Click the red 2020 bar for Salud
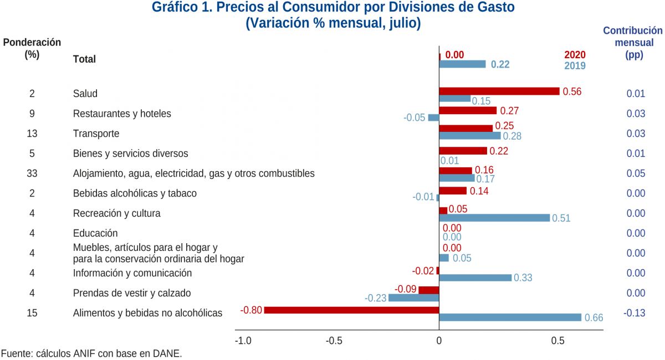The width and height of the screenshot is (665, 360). [499, 91]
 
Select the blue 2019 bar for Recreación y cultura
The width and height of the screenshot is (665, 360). [494, 218]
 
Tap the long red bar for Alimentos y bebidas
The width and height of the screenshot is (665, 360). [351, 310]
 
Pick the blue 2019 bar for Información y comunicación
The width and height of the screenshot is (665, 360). [475, 277]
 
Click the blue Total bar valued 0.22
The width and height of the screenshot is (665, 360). [462, 64]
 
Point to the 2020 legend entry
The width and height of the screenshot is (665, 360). [575, 55]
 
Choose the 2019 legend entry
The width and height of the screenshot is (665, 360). [575, 65]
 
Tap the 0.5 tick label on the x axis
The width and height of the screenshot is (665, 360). [557, 341]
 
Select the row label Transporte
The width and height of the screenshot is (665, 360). [96, 133]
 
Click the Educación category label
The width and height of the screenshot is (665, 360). [95, 233]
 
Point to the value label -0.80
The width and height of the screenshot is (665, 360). [251, 310]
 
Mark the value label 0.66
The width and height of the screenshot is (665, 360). [594, 318]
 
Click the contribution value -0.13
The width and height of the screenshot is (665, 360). [635, 313]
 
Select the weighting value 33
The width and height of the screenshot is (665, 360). [32, 173]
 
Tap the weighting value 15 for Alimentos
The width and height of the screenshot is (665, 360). [32, 313]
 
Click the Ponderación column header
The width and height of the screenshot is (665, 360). [32, 43]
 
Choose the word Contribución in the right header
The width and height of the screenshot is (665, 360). [632, 30]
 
